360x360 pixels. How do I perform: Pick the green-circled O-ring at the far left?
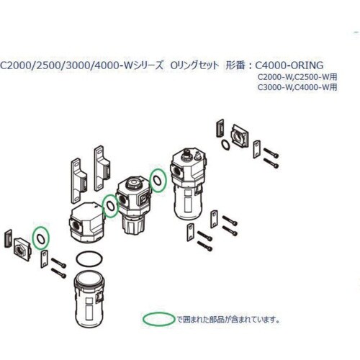click(42, 236)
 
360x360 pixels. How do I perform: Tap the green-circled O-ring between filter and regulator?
click(110, 207)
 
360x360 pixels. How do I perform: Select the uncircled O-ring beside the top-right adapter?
click(225, 146)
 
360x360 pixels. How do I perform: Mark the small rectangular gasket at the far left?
click(8, 238)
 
